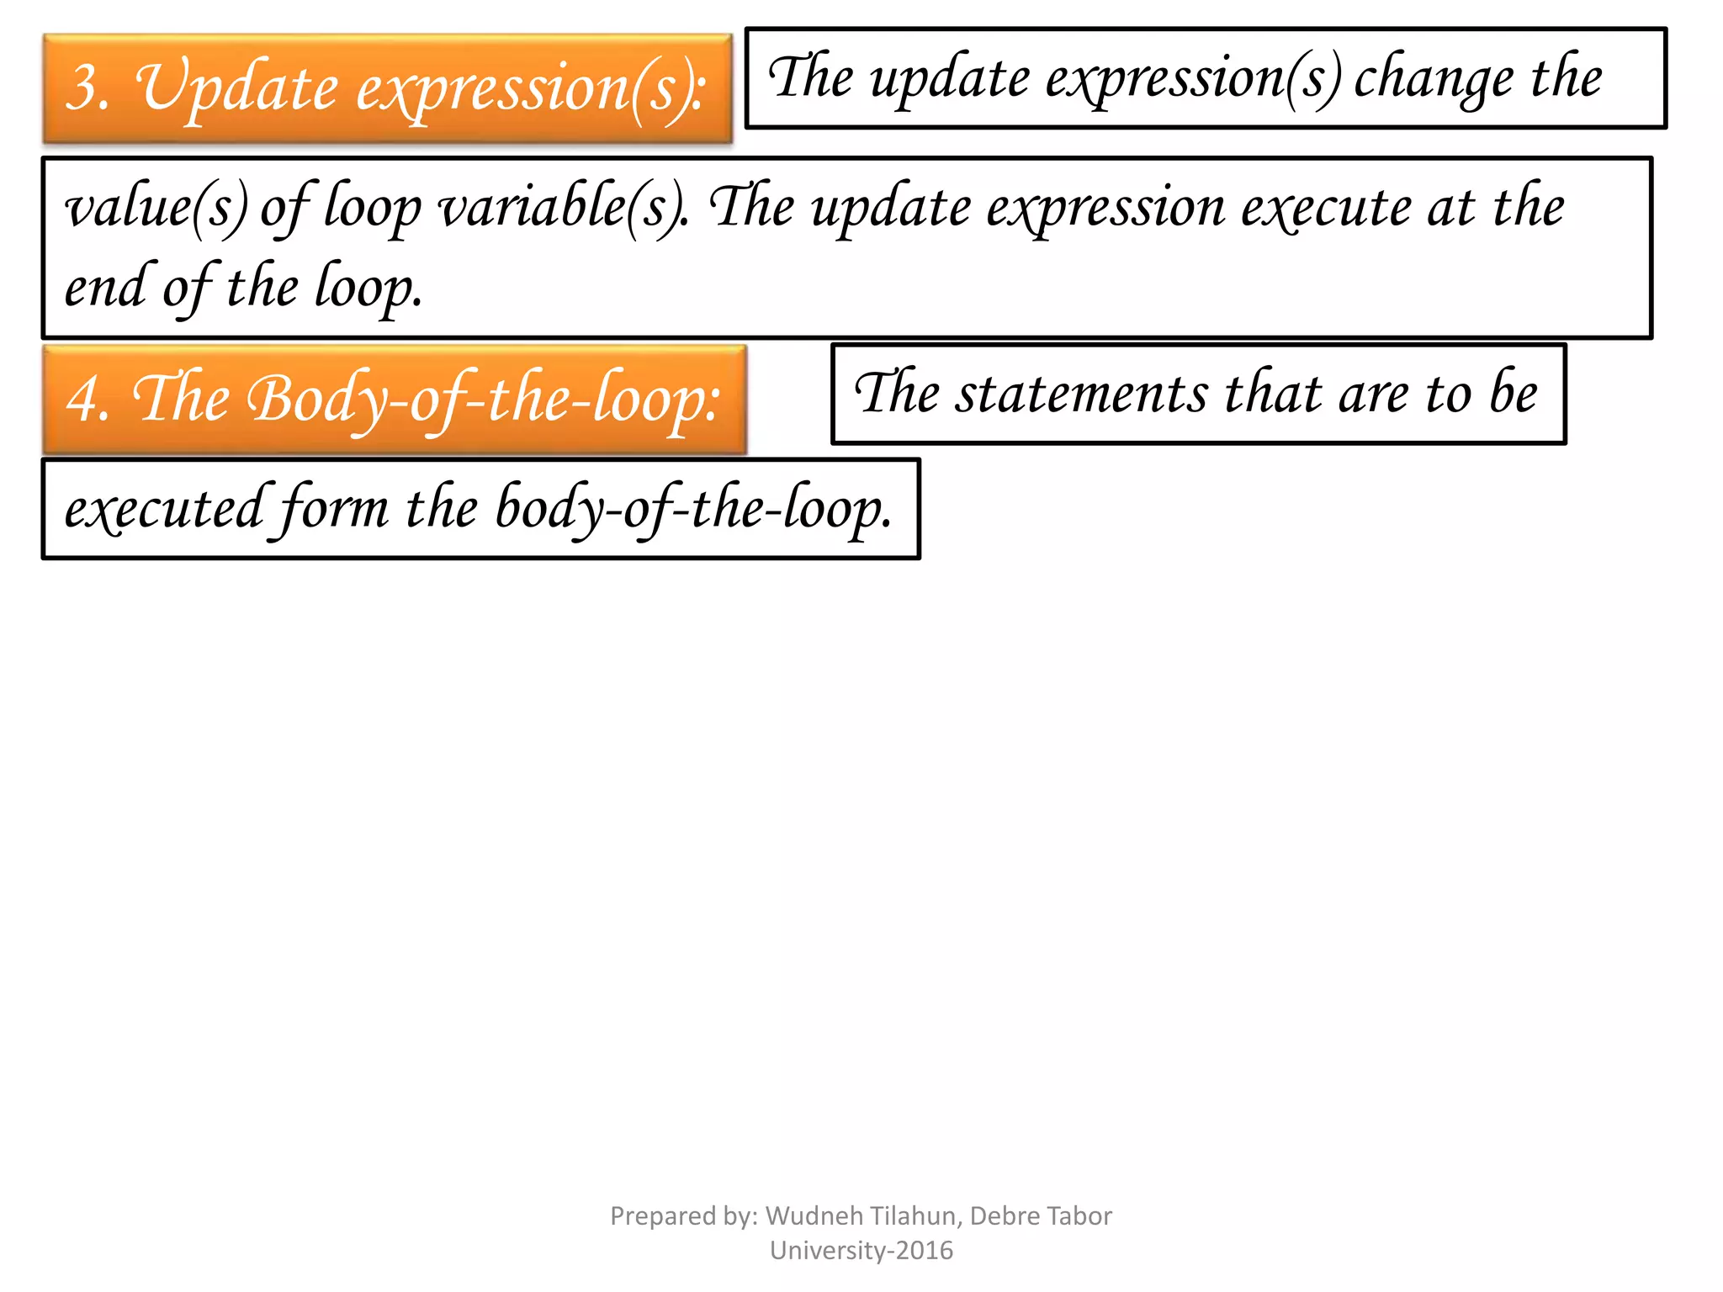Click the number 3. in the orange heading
[x=87, y=87]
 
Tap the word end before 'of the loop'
[x=106, y=287]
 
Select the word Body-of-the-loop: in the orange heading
[x=483, y=400]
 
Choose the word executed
[x=165, y=509]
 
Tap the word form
[x=332, y=509]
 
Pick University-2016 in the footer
[x=861, y=1251]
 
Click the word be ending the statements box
[x=1514, y=394]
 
